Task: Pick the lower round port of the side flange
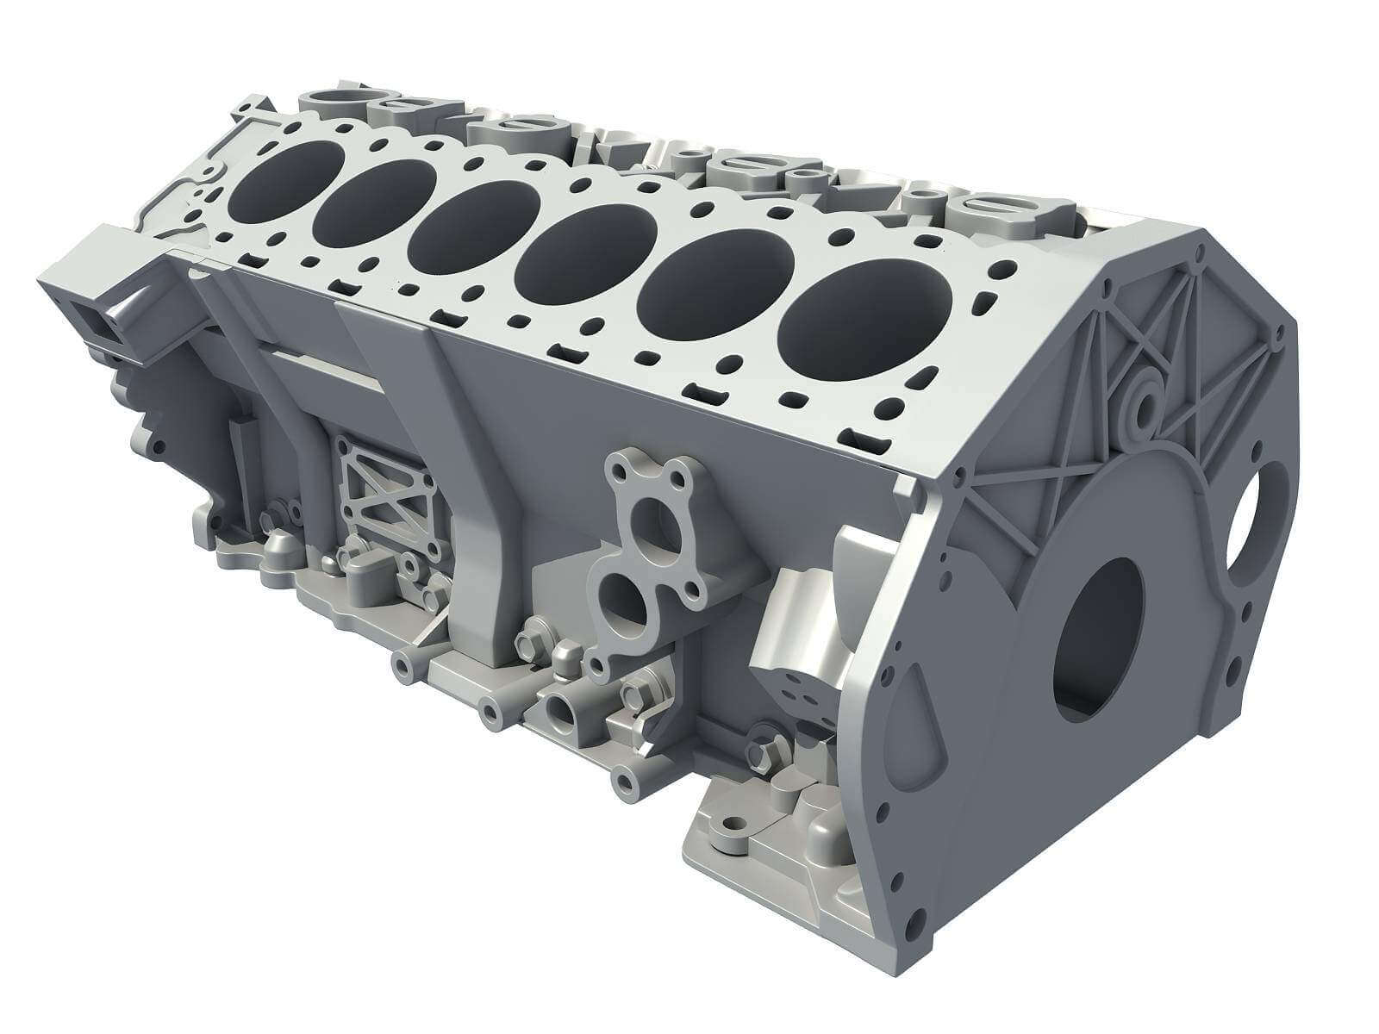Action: (x=622, y=601)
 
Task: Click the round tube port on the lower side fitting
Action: (x=563, y=708)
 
